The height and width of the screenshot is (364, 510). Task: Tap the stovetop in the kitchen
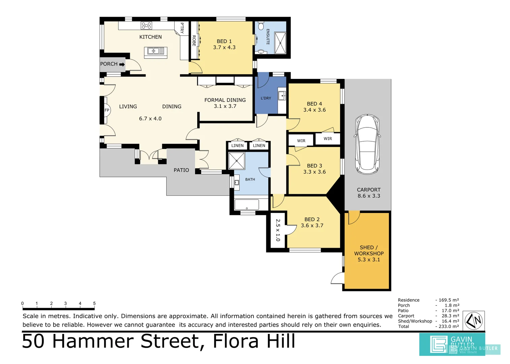(x=146, y=26)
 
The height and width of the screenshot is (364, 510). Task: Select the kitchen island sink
(x=155, y=51)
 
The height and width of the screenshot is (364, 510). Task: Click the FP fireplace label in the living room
(x=107, y=110)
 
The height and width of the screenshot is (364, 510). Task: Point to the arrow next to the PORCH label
(x=122, y=64)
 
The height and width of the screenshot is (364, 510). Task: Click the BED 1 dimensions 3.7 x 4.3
(x=224, y=48)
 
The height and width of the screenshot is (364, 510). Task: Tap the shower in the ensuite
(x=280, y=43)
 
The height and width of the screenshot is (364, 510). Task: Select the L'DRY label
(x=266, y=98)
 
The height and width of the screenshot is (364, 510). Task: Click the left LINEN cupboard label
(x=237, y=146)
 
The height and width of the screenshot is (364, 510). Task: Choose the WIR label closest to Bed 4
(x=328, y=139)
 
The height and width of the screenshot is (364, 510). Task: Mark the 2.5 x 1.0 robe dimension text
(x=278, y=230)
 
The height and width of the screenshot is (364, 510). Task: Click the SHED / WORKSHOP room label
(x=369, y=250)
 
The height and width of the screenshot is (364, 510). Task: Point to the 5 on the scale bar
(x=94, y=303)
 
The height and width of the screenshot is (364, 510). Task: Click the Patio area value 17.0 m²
(x=450, y=310)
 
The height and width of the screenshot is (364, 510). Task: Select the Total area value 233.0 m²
(x=449, y=326)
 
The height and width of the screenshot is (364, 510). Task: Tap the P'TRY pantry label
(x=182, y=28)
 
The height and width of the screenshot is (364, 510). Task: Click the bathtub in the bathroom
(x=247, y=205)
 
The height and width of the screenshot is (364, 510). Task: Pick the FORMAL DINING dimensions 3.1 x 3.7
(x=225, y=106)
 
